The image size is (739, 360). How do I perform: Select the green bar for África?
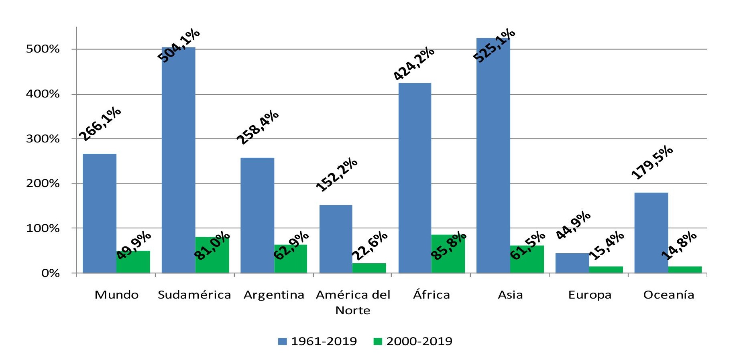pyautogui.click(x=448, y=254)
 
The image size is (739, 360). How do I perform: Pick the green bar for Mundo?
pyautogui.click(x=133, y=262)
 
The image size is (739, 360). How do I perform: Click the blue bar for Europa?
pyautogui.click(x=572, y=263)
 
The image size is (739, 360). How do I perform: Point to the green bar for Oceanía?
pyautogui.click(x=685, y=269)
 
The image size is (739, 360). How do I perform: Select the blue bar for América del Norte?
pyautogui.click(x=336, y=239)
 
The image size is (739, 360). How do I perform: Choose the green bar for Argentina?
pyautogui.click(x=291, y=258)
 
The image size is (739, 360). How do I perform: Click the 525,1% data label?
pyautogui.click(x=494, y=45)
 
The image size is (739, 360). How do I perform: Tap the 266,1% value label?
pyautogui.click(x=100, y=124)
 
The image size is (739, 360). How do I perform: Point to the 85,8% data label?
pyautogui.click(x=448, y=246)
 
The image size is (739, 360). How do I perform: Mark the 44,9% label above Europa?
pyautogui.click(x=573, y=225)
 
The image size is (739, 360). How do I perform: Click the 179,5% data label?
pyautogui.click(x=651, y=162)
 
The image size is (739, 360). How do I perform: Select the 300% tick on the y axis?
pyautogui.click(x=43, y=139)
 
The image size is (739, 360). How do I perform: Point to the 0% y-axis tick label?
pyautogui.click(x=50, y=273)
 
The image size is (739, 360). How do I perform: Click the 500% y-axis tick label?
pyautogui.click(x=43, y=49)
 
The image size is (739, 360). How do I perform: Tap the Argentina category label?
pyautogui.click(x=274, y=295)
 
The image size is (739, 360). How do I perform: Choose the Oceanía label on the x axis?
pyautogui.click(x=668, y=295)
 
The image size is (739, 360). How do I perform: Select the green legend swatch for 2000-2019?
pyautogui.click(x=377, y=342)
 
